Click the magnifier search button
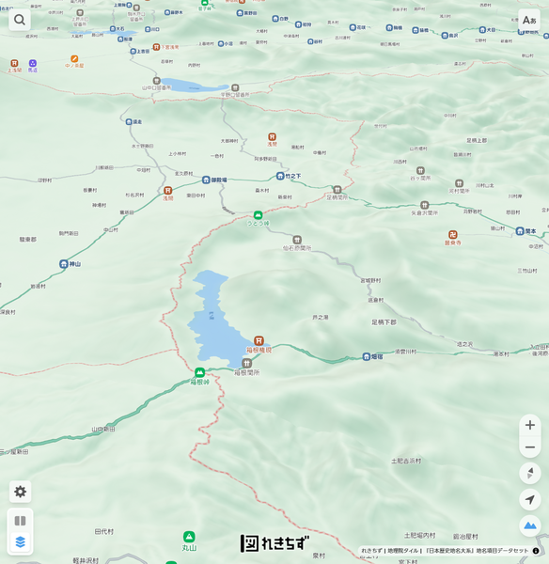pyautogui.click(x=20, y=20)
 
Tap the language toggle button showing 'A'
pyautogui.click(x=529, y=20)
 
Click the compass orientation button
pyautogui.click(x=530, y=473)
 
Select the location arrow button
pyautogui.click(x=530, y=499)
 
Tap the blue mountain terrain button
pyautogui.click(x=530, y=525)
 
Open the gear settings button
pyautogui.click(x=21, y=492)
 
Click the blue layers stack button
pyautogui.click(x=21, y=541)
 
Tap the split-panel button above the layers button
pyautogui.click(x=21, y=520)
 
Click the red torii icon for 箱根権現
pyautogui.click(x=259, y=340)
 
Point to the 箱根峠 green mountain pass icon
pyautogui.click(x=199, y=372)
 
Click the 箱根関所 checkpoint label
pyautogui.click(x=247, y=372)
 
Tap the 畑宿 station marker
pyautogui.click(x=367, y=356)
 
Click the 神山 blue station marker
pyautogui.click(x=64, y=264)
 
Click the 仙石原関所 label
pyautogui.click(x=297, y=248)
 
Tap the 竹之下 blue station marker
pyautogui.click(x=280, y=176)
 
